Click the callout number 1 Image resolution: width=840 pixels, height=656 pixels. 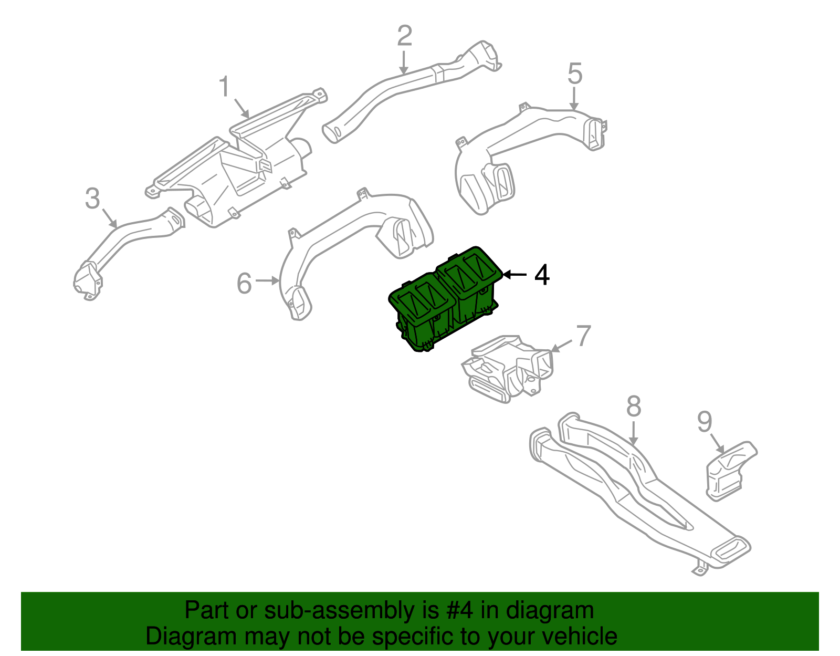click(225, 87)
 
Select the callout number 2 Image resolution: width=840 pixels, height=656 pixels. click(404, 36)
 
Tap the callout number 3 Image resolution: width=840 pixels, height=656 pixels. click(92, 199)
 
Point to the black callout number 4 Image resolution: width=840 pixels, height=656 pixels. click(542, 275)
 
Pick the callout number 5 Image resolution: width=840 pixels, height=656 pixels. click(575, 74)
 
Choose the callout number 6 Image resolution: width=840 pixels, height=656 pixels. click(245, 284)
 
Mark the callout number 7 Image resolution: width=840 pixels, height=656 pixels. click(583, 336)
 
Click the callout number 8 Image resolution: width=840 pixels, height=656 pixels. click(634, 407)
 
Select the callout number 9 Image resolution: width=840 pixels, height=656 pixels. click(705, 421)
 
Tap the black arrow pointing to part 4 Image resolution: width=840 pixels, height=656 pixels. click(514, 275)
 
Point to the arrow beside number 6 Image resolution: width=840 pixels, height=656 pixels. click(268, 282)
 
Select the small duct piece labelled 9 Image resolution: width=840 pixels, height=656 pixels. click(730, 470)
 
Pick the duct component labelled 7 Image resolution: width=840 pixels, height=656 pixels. click(507, 368)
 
